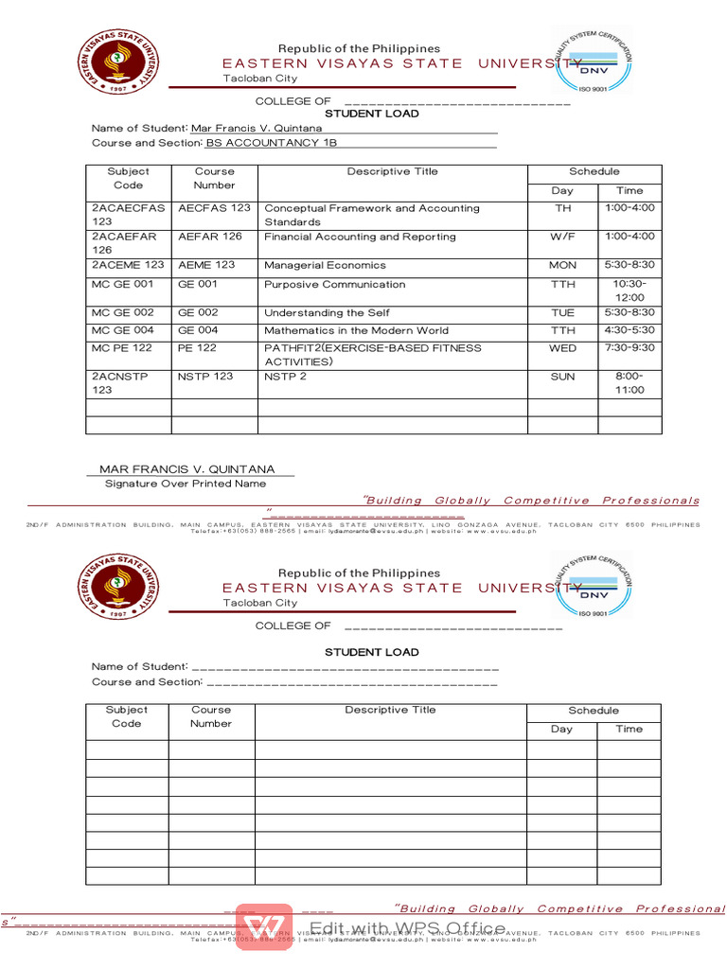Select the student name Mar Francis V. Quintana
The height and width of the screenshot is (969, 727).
(256, 128)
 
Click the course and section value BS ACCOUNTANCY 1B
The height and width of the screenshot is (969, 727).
(271, 143)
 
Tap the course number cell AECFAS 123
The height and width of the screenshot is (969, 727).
(214, 208)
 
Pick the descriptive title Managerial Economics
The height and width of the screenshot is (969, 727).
(325, 266)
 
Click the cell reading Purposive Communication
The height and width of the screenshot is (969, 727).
(334, 285)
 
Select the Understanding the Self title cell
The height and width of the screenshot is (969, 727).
(327, 313)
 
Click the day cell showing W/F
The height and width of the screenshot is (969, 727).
(562, 238)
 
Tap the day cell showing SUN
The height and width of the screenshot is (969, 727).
(562, 377)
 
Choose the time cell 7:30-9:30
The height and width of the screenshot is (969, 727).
(629, 348)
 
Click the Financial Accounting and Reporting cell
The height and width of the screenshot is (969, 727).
(360, 238)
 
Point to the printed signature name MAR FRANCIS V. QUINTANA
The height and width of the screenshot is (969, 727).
(187, 469)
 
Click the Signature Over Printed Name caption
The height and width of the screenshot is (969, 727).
(186, 484)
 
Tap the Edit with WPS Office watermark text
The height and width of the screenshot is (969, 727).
(407, 927)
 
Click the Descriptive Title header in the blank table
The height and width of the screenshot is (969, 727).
(390, 710)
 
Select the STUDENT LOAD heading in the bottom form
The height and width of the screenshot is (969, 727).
(371, 652)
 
